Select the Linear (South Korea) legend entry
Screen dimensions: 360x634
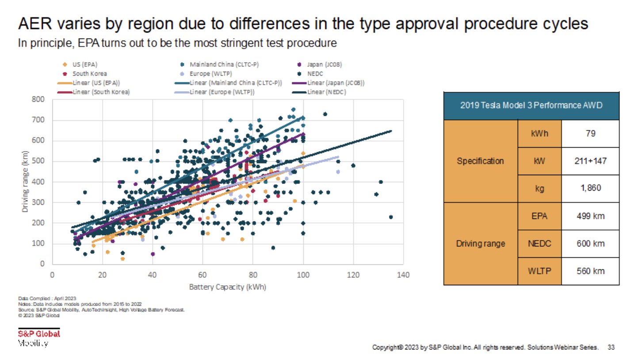[x=94, y=92]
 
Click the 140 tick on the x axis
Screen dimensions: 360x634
[x=404, y=275]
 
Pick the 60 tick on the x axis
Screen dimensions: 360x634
[x=202, y=275]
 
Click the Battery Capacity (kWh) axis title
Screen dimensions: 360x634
[x=228, y=287]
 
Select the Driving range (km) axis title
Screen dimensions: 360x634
[x=25, y=182]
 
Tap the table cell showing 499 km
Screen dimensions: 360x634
[x=590, y=217]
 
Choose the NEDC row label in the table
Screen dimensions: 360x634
[x=539, y=244]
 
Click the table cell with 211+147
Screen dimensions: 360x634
[x=590, y=161]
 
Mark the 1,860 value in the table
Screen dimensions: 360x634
[x=590, y=188]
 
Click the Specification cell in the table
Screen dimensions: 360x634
[x=480, y=161]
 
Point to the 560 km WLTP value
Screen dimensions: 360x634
[x=590, y=271]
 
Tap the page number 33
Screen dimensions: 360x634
[x=611, y=347]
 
